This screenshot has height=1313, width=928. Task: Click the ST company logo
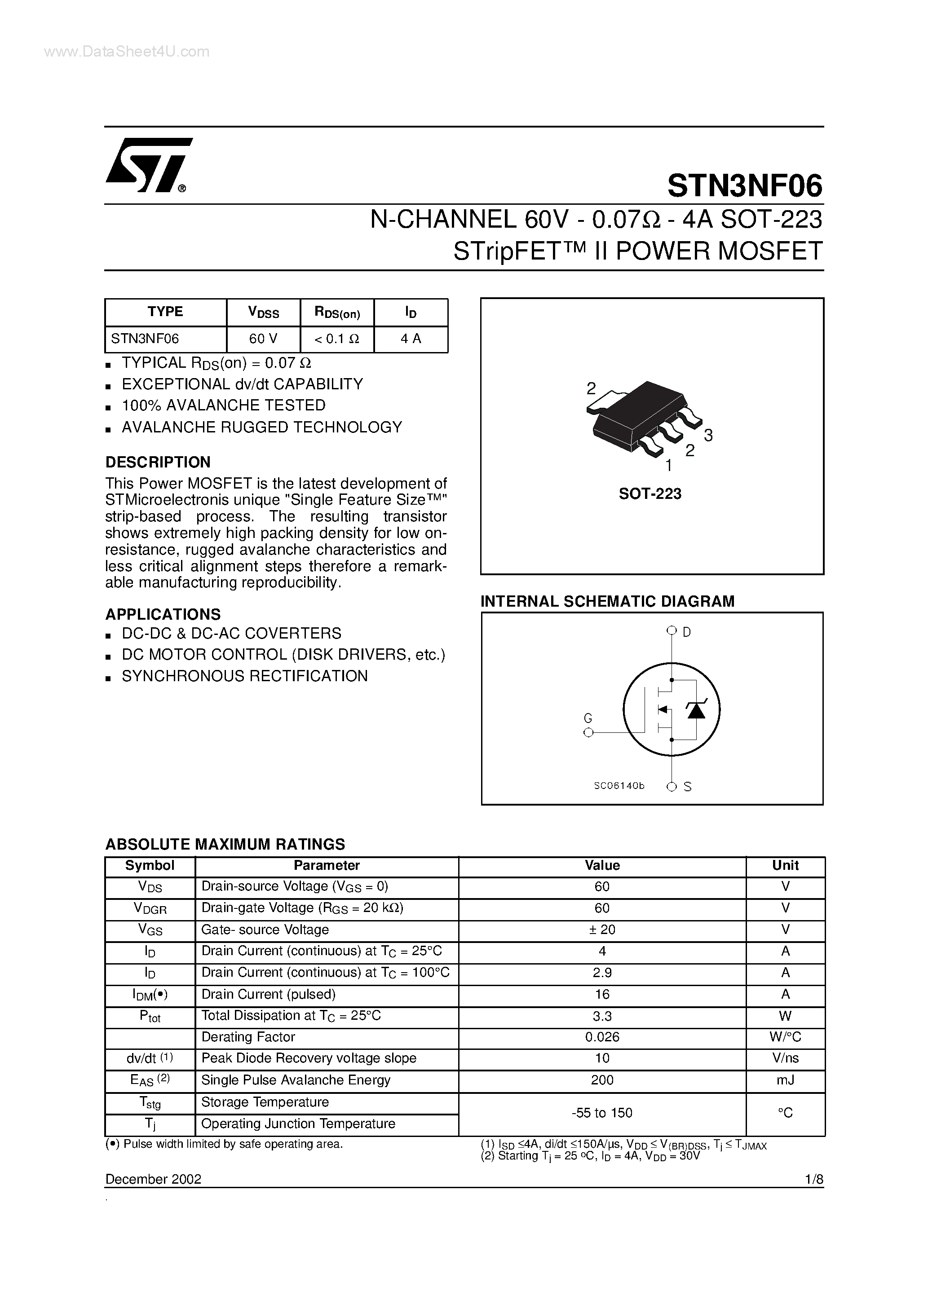(148, 166)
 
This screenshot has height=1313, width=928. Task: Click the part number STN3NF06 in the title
(744, 186)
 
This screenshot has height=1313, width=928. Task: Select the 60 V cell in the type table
(263, 339)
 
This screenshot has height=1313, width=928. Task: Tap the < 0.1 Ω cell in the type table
(337, 339)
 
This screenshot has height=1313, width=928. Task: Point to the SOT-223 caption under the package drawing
(650, 494)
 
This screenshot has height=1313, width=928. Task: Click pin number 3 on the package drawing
(708, 436)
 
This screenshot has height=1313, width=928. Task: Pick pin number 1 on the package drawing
(668, 466)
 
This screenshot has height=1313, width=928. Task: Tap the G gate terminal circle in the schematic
(588, 732)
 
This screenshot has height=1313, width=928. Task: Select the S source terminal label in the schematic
(687, 787)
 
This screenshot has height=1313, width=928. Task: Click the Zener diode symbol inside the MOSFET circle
(696, 709)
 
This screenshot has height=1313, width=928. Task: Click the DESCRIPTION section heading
(158, 462)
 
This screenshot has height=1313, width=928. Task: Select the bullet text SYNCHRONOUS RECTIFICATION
(245, 676)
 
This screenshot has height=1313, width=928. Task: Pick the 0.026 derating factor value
(602, 1037)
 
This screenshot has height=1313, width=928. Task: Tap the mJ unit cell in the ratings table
(785, 1079)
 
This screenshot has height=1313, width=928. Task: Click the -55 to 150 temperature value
(602, 1112)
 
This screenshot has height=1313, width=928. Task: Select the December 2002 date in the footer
(153, 1179)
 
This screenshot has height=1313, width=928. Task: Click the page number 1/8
(813, 1179)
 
